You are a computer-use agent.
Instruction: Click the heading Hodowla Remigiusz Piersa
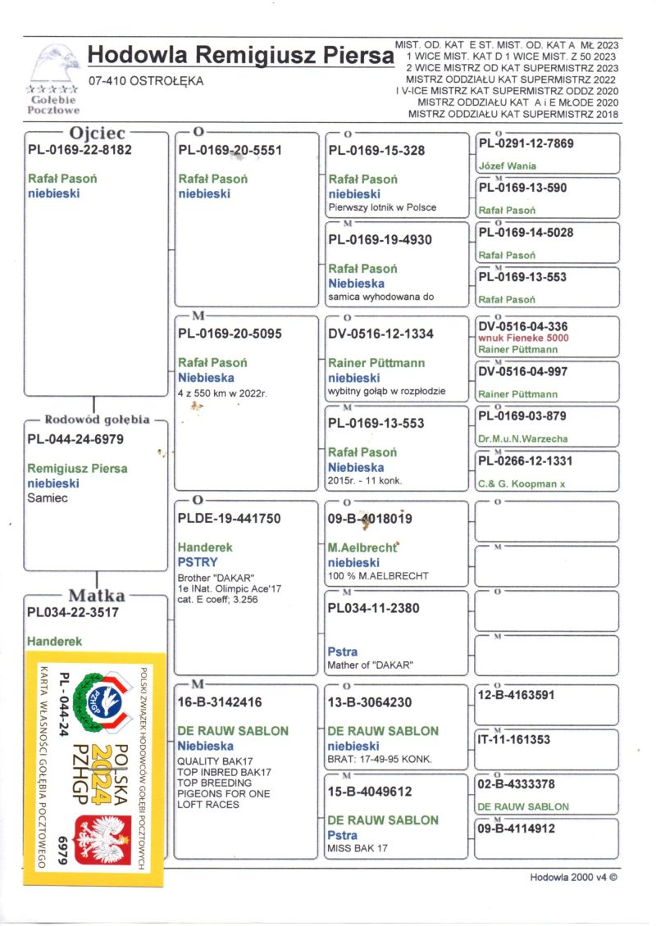pos(240,56)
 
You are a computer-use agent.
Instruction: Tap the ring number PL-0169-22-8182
pos(80,150)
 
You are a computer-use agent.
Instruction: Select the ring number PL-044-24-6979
pos(75,439)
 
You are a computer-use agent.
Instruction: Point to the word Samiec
pos(48,497)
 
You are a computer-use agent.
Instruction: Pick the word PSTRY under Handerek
pos(197,562)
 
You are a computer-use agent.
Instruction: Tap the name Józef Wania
pos(507,166)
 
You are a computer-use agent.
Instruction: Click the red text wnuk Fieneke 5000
pos(522,338)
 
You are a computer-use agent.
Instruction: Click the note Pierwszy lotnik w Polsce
pos(382,207)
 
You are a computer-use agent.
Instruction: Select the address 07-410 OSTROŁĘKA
pos(146,81)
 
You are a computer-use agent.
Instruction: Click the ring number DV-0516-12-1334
pos(380,334)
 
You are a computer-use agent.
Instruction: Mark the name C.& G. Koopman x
pos(522,484)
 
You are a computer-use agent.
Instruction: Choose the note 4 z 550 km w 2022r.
pos(223,393)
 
